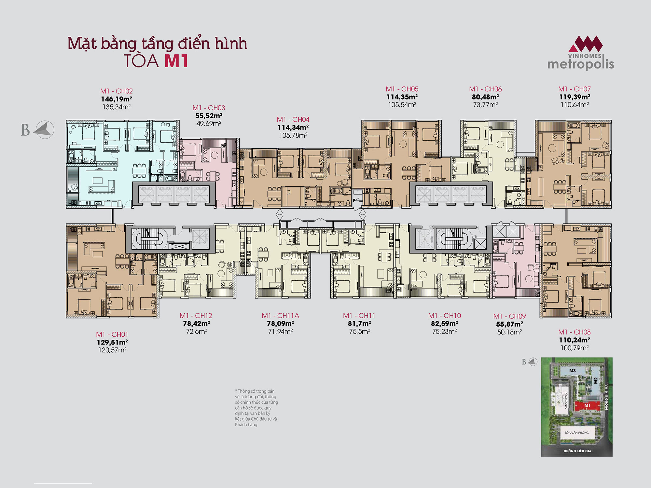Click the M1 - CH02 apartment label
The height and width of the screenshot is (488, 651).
[116, 91]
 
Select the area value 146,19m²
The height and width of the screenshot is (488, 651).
[116, 99]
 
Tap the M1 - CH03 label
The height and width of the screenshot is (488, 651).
[209, 108]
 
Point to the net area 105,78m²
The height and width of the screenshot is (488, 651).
[293, 135]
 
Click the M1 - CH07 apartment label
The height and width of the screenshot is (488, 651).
[575, 89]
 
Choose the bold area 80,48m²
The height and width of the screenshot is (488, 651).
[485, 97]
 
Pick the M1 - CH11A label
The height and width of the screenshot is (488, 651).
[280, 316]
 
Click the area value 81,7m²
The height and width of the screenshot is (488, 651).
[359, 323]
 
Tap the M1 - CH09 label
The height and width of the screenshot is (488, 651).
[509, 316]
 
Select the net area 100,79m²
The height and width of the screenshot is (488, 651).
[575, 348]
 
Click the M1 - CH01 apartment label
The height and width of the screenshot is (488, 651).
[112, 334]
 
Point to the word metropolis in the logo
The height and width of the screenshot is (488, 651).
[581, 64]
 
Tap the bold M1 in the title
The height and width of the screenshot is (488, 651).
[176, 61]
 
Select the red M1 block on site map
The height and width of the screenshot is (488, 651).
[587, 406]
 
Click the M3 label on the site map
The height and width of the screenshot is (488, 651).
[573, 371]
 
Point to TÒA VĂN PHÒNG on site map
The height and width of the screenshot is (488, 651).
[576, 433]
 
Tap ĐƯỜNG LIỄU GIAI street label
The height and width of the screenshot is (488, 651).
[578, 451]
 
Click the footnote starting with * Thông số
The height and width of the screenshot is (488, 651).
[256, 408]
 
